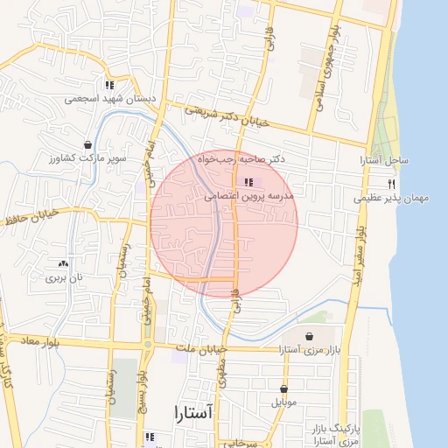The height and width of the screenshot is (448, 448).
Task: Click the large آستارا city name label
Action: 194,411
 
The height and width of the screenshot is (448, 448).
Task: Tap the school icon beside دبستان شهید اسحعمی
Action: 109,85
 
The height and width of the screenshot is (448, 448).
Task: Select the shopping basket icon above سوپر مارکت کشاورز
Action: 88,144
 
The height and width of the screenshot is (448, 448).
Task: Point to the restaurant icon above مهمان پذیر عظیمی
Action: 391,184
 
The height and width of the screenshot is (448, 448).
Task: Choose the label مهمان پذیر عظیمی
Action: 391,199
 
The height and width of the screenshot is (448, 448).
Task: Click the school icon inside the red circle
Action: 249,182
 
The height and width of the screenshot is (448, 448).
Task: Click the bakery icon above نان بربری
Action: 62,262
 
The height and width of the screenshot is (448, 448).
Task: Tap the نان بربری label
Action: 62,277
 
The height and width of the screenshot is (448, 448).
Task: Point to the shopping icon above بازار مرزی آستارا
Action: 309,336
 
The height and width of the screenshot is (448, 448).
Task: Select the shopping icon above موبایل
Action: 283,388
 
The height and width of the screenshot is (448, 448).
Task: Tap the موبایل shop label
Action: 283,402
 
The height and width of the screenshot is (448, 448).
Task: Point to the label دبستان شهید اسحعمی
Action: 110,99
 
